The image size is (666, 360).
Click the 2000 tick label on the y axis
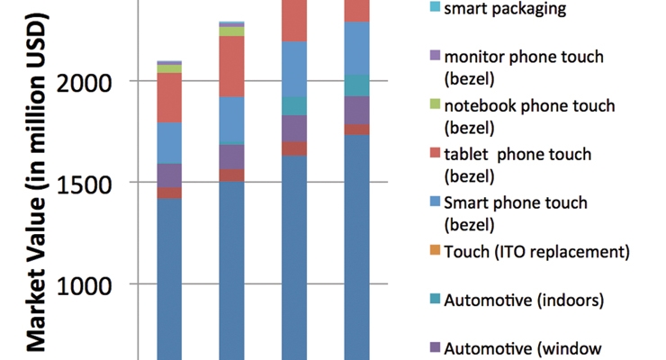[x=84, y=83]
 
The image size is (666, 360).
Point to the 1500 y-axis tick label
[x=84, y=185]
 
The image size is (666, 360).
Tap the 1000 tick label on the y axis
[x=84, y=286]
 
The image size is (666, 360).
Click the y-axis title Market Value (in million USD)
[x=37, y=183]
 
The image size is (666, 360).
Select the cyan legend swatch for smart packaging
[x=435, y=6]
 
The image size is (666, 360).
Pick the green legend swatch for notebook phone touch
[x=435, y=103]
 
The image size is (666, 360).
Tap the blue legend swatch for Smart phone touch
[x=435, y=202]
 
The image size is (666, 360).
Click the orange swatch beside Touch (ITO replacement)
[x=435, y=250]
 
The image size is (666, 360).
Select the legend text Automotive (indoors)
[x=524, y=300]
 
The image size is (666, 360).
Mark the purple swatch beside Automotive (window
[x=435, y=347]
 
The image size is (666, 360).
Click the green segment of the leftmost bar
[x=169, y=68]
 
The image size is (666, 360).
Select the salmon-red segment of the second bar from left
[x=232, y=67]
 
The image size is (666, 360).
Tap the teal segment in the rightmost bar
[x=356, y=85]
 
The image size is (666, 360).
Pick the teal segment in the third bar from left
[x=294, y=106]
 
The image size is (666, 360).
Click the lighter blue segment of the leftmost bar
[x=169, y=143]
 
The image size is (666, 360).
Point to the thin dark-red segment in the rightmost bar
[x=356, y=130]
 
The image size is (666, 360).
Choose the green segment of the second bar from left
[x=232, y=31]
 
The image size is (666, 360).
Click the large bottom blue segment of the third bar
[x=294, y=257]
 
